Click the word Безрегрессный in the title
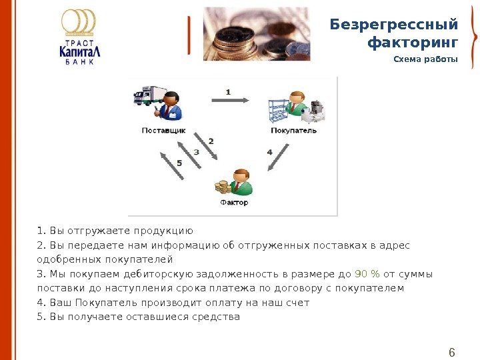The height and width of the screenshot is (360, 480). (394, 25)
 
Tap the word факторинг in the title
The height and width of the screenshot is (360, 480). (413, 43)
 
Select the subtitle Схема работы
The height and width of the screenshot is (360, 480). (425, 60)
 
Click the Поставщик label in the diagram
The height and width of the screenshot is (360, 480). (163, 130)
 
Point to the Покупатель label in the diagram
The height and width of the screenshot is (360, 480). (293, 130)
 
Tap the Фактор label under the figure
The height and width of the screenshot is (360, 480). (233, 203)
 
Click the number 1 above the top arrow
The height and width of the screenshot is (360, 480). (228, 91)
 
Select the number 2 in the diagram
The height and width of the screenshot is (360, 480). (211, 141)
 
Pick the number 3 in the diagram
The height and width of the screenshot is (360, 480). (196, 152)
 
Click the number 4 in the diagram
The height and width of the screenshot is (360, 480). (269, 152)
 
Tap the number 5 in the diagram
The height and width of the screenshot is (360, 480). (179, 163)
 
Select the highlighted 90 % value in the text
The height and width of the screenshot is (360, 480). (367, 273)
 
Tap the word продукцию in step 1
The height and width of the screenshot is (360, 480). (163, 231)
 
